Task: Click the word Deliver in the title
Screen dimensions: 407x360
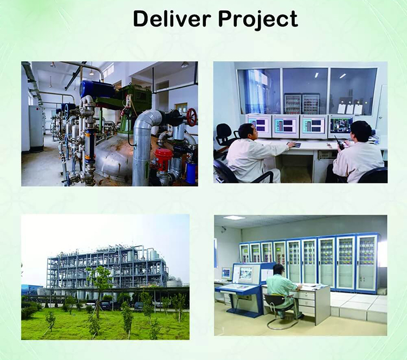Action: tap(172, 19)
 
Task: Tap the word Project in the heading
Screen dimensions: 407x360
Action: tap(258, 20)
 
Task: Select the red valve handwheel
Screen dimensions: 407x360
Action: tap(192, 117)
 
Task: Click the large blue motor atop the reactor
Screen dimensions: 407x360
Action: tap(97, 89)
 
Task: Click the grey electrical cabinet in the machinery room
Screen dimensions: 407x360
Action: tap(36, 129)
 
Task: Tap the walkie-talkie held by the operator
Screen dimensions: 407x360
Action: tap(339, 142)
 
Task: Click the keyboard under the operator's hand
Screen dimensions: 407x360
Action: tap(294, 145)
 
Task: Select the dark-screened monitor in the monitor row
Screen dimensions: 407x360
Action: tap(340, 127)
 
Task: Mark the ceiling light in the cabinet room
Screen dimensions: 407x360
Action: tap(234, 218)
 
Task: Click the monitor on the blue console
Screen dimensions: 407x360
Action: tap(246, 274)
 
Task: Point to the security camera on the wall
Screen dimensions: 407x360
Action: tap(224, 228)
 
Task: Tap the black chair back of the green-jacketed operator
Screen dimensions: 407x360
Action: tap(276, 301)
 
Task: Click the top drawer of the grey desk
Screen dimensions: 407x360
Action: tap(306, 296)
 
